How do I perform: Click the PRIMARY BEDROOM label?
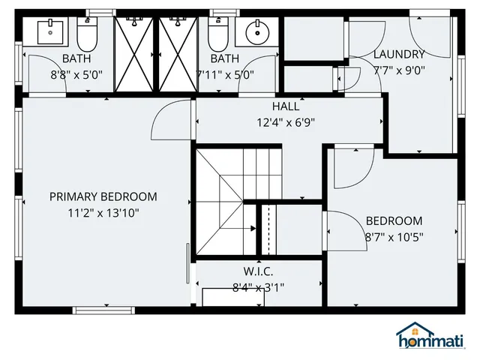103,196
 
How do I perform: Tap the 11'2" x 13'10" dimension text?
103,213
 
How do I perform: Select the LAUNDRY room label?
399,54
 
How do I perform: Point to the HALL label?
286,106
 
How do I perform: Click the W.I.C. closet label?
258,271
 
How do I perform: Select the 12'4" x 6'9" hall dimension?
286,122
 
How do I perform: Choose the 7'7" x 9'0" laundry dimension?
399,71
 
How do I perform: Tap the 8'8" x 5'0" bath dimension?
76,75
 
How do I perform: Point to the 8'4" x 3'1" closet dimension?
258,286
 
